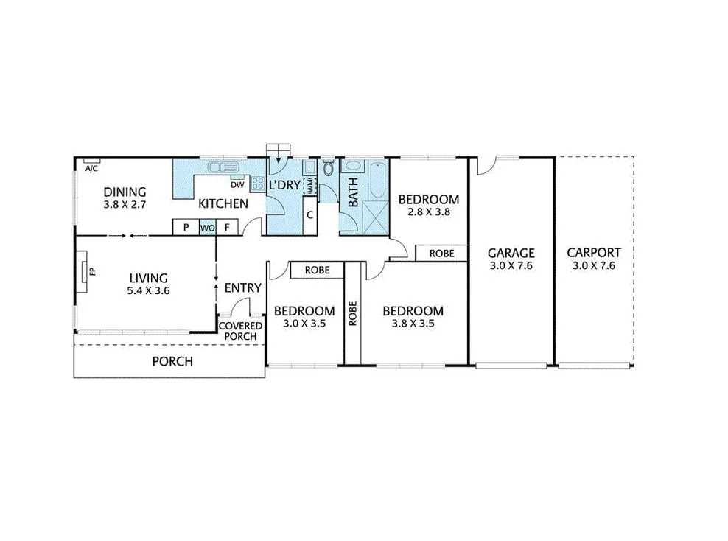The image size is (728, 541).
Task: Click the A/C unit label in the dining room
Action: tap(91, 169)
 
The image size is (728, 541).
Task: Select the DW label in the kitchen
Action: tap(237, 185)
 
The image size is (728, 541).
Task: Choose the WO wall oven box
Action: tap(207, 228)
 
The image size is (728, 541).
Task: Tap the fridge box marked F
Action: tap(228, 228)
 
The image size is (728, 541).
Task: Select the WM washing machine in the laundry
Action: tap(310, 186)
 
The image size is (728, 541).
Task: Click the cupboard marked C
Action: tap(310, 215)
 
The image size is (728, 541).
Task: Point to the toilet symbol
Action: tap(327, 170)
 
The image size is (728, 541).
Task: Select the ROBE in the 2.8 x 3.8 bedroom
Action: tap(441, 253)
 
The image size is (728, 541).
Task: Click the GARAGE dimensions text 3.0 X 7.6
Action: tap(510, 265)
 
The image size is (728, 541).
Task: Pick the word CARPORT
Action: tap(593, 252)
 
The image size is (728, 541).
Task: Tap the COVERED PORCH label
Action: tap(241, 331)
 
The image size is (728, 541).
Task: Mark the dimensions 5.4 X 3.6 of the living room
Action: tap(148, 291)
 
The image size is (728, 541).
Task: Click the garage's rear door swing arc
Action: tap(484, 166)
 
